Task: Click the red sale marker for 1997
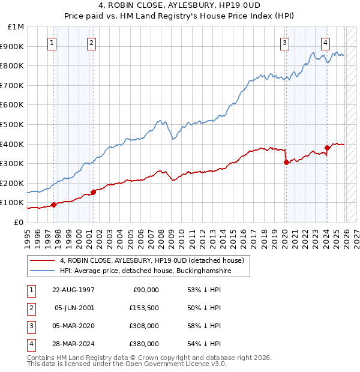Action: click(53, 205)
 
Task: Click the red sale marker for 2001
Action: click(93, 192)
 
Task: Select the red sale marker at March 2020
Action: click(286, 162)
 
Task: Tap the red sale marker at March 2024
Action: click(327, 148)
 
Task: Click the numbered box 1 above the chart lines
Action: click(52, 43)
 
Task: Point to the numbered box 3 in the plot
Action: click(284, 43)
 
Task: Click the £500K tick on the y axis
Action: click(14, 124)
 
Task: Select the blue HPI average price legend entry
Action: click(145, 271)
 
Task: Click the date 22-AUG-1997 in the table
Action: click(73, 290)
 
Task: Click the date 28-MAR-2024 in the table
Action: click(73, 344)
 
